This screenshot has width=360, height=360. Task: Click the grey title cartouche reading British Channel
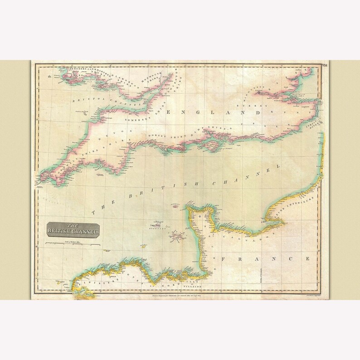tap(73, 229)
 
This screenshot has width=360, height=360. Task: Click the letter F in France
tap(222, 259)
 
